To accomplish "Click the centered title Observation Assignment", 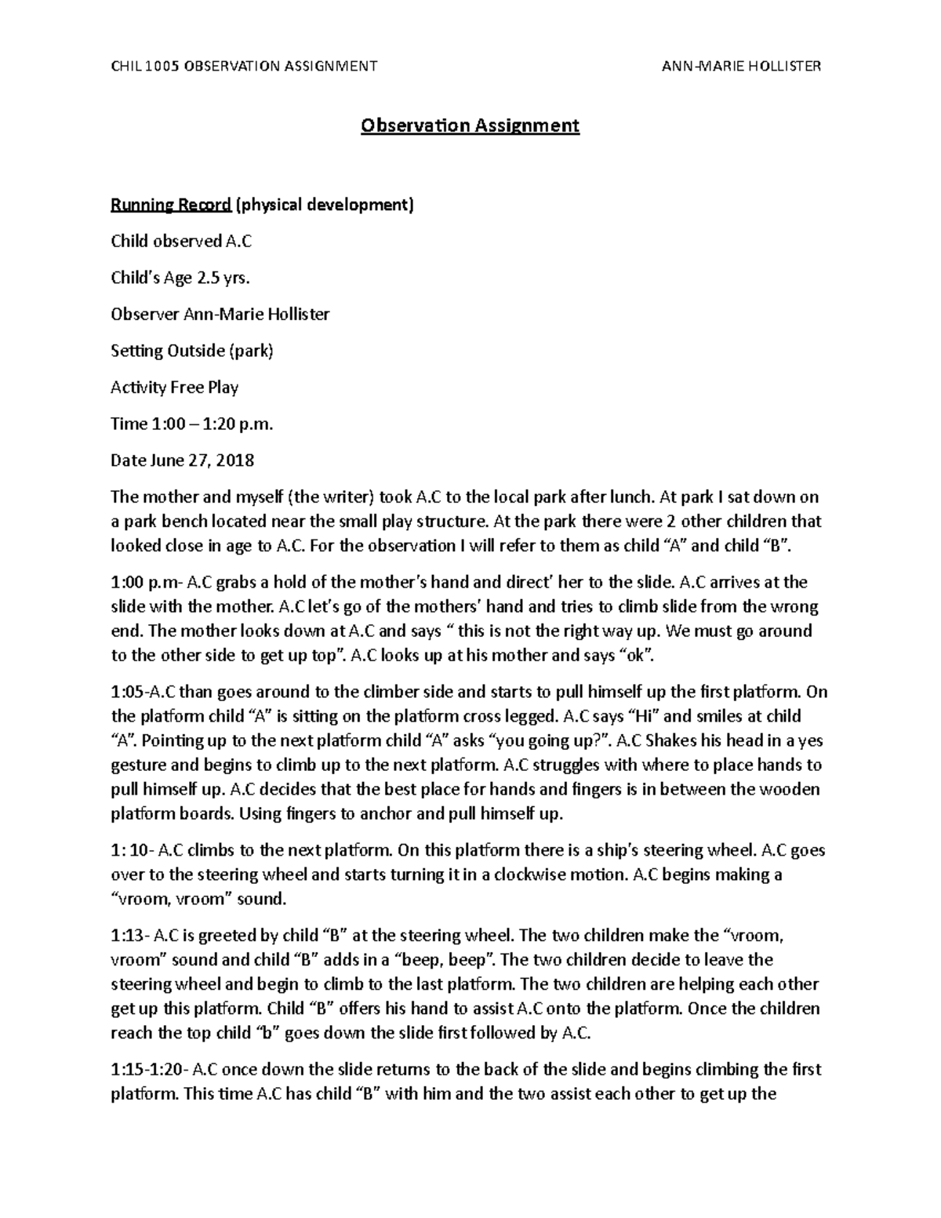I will click(x=470, y=125).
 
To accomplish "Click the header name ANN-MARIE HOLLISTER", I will click(x=741, y=66).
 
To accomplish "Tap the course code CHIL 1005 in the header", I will click(x=146, y=66).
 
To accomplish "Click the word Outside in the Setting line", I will click(x=195, y=351).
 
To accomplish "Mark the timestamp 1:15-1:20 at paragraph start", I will click(x=148, y=1070).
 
